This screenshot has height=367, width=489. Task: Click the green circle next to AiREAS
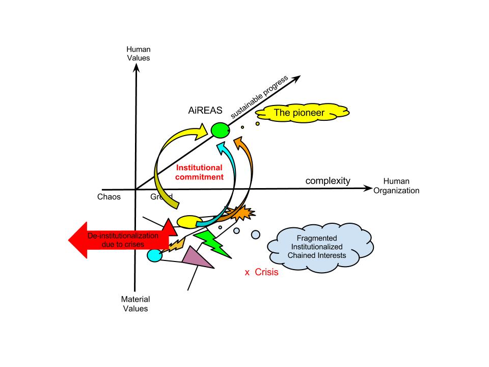tap(220, 130)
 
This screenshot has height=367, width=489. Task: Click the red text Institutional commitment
tap(199, 172)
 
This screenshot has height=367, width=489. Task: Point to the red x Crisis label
tap(261, 273)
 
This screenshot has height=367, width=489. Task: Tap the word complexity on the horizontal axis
tap(328, 181)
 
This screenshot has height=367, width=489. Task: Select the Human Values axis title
tap(139, 54)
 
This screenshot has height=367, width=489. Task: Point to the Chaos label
tap(108, 197)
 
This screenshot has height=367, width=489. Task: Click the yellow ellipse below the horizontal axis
tap(188, 221)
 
